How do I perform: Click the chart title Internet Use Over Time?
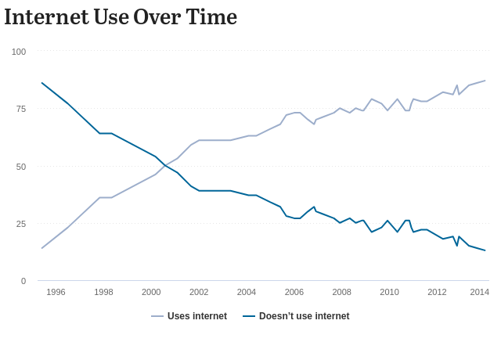click(121, 16)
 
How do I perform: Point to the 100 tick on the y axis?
click(19, 52)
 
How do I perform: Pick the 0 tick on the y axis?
click(23, 281)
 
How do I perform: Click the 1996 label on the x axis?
click(56, 292)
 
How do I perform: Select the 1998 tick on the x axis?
click(103, 292)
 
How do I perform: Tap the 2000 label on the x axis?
click(151, 292)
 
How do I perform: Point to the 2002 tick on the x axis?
click(199, 292)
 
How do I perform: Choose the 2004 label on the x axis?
click(247, 292)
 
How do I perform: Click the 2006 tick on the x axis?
click(294, 292)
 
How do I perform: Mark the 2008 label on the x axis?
click(342, 292)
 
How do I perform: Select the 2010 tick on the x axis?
click(389, 292)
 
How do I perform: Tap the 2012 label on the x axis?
click(437, 292)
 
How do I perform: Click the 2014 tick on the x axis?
click(480, 292)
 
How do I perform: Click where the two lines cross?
click(164, 166)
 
